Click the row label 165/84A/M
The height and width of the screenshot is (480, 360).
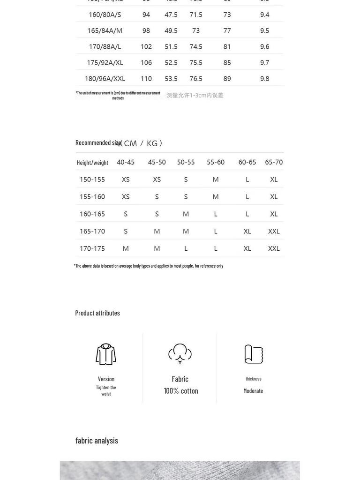[x=105, y=30]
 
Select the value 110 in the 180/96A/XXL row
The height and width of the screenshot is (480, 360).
[x=146, y=78]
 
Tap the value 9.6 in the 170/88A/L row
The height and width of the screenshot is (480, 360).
[x=264, y=46]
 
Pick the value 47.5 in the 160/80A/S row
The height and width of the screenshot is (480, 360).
[x=171, y=15]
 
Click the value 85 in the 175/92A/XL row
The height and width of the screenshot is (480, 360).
[x=227, y=62]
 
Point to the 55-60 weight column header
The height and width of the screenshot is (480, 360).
[x=216, y=162]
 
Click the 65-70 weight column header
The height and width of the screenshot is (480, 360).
[x=274, y=162]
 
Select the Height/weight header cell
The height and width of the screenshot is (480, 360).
[x=92, y=163]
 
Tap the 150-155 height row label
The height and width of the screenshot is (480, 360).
[x=92, y=180]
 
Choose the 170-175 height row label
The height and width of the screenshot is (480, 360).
[x=92, y=248]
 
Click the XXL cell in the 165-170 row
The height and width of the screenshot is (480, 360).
[x=274, y=231]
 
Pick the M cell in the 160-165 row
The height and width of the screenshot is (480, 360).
[x=186, y=214]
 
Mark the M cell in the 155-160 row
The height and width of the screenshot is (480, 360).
[x=216, y=197]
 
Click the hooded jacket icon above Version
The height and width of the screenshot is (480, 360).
[x=106, y=354]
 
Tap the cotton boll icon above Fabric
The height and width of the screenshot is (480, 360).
[x=180, y=353]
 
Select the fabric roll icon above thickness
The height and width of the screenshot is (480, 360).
[x=254, y=354]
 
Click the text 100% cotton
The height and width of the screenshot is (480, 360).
[x=181, y=391]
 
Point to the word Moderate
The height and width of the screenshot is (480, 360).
[x=253, y=391]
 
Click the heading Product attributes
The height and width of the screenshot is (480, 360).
[x=97, y=313]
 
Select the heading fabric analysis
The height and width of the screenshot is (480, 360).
[x=97, y=440]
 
